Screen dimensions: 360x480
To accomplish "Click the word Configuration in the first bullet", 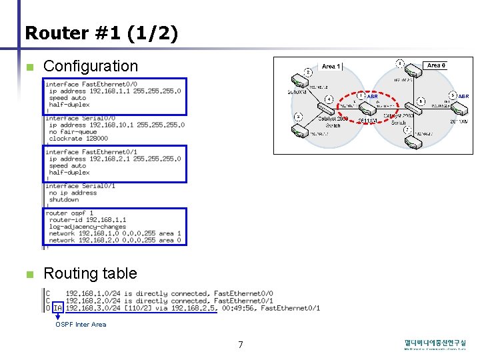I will click(90, 66).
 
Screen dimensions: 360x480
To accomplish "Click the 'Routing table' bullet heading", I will click(90, 273).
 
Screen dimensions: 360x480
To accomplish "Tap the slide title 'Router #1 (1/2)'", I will click(101, 33).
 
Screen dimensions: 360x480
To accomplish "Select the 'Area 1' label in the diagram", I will click(331, 66).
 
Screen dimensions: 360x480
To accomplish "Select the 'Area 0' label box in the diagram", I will click(437, 65).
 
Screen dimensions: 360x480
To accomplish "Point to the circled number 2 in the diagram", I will click(399, 63).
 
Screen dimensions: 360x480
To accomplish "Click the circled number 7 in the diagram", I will click(407, 129).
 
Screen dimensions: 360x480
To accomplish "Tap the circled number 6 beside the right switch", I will click(421, 101).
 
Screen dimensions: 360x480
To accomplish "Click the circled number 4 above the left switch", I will click(329, 99).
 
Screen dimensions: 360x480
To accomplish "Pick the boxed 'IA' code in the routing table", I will click(57, 308).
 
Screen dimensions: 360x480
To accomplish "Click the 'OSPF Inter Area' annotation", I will click(81, 325).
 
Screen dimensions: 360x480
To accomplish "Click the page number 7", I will click(241, 345).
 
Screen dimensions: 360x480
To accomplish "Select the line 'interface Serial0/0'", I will click(80, 118).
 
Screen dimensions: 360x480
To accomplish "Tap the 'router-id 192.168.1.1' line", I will click(87, 220).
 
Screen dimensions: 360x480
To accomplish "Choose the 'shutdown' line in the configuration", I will click(64, 199).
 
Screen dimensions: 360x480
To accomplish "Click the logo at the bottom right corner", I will click(435, 345).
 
